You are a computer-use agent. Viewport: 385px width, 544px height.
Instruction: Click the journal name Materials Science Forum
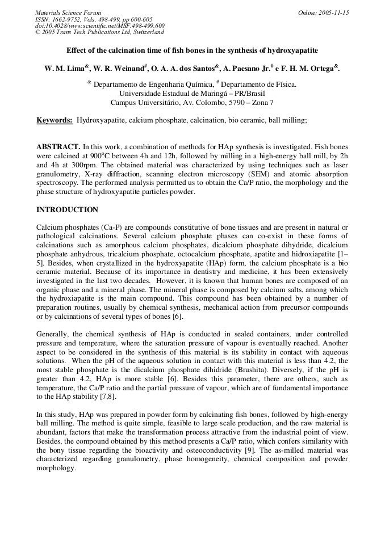[68, 12]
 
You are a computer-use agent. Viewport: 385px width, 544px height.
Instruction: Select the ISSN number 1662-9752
[73, 19]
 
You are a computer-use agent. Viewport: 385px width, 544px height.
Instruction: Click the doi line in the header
[99, 26]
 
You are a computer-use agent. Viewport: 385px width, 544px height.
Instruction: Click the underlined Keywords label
[55, 120]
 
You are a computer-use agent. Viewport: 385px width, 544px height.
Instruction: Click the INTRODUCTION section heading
[67, 209]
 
